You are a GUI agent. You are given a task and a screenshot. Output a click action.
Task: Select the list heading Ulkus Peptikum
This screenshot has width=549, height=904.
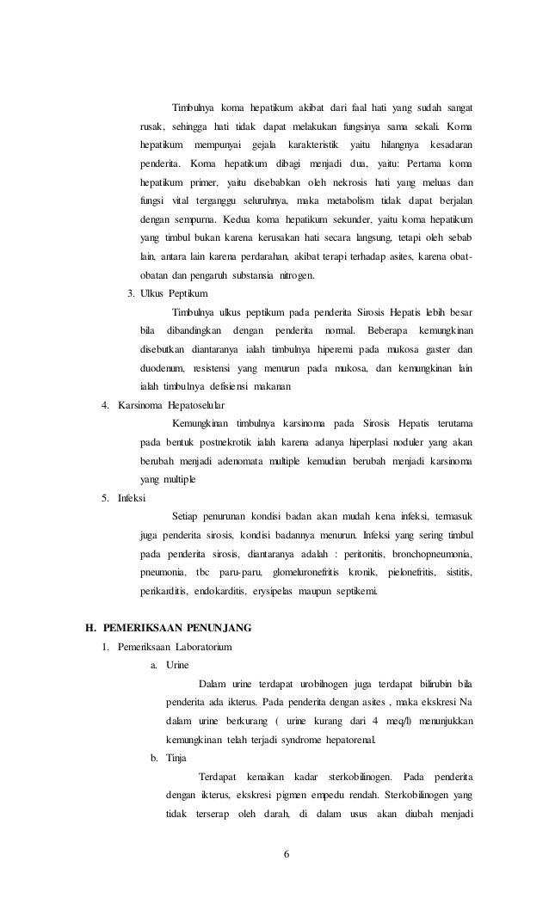[174, 294]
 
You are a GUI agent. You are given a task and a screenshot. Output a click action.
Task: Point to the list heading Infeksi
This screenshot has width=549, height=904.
[132, 498]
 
